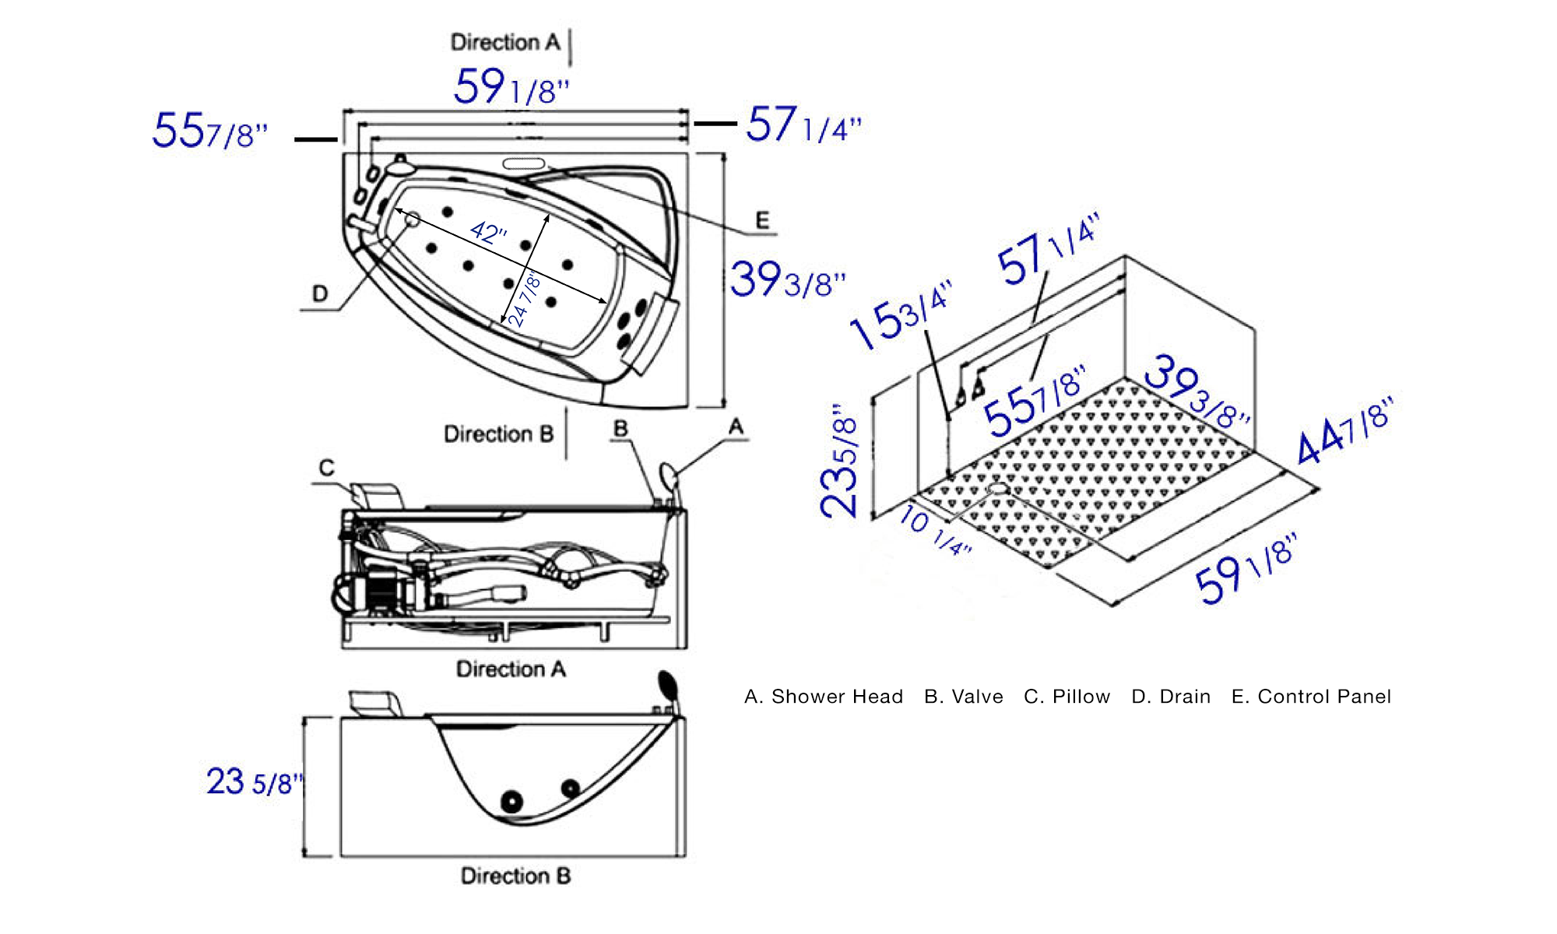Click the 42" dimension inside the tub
(x=489, y=232)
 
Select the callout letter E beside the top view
(x=762, y=220)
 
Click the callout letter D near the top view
(x=320, y=294)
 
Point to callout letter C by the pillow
(x=327, y=468)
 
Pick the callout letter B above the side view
(x=620, y=429)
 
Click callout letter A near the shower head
(x=736, y=427)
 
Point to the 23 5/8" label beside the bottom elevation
(x=254, y=781)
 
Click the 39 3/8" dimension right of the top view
(x=786, y=279)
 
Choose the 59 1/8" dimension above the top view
(x=511, y=86)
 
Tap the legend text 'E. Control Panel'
(x=1311, y=697)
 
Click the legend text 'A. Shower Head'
(x=824, y=697)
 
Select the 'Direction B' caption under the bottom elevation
(x=515, y=876)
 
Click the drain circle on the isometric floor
(x=997, y=489)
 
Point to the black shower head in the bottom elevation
(x=668, y=684)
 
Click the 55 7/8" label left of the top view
(x=209, y=131)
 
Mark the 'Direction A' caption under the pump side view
(x=511, y=669)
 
